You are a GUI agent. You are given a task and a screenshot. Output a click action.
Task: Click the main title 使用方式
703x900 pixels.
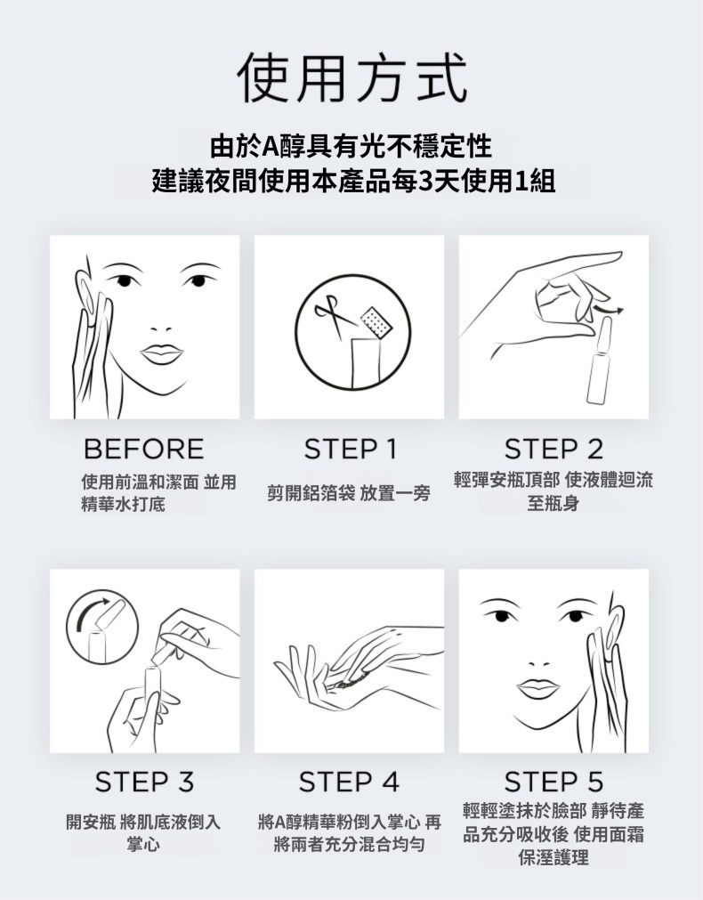351,77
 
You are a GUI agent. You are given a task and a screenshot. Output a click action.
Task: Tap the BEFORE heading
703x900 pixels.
143,449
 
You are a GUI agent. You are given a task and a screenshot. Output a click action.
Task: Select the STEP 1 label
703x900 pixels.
350,449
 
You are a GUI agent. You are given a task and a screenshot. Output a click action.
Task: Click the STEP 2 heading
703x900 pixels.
554,449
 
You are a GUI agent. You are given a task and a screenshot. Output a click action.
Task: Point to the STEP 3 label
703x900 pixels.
145,782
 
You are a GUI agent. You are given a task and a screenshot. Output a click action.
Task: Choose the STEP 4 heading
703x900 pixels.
349,782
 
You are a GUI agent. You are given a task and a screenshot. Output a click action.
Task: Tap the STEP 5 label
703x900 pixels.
554,782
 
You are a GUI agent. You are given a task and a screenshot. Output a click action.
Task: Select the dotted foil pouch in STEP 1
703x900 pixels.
376,321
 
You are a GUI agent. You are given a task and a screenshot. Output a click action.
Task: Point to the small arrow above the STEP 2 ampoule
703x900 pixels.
609,310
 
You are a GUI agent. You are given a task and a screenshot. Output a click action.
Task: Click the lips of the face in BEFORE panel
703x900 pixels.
162,353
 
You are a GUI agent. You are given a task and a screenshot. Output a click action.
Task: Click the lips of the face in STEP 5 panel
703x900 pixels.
537,687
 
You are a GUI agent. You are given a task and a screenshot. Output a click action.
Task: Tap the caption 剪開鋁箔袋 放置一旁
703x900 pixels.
349,493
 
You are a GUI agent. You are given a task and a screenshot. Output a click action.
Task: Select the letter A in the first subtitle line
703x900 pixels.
270,147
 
